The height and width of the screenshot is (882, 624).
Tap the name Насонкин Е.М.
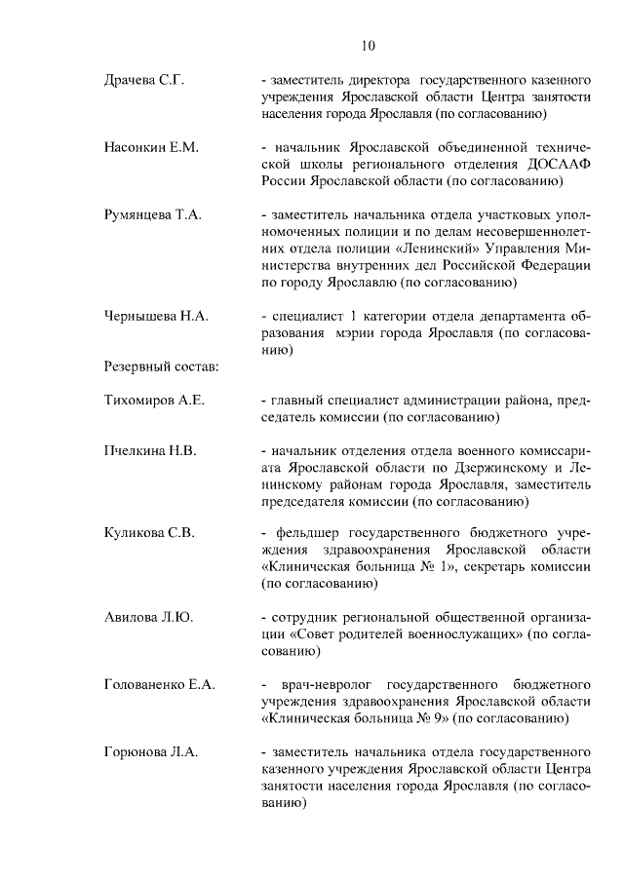click(x=151, y=148)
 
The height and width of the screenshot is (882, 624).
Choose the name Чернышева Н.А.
click(x=155, y=317)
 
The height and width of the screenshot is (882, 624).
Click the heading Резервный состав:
click(x=160, y=367)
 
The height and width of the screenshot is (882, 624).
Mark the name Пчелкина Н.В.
click(x=150, y=451)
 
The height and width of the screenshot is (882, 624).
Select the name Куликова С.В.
click(x=149, y=532)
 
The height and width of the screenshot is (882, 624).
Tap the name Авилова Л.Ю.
click(x=148, y=618)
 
